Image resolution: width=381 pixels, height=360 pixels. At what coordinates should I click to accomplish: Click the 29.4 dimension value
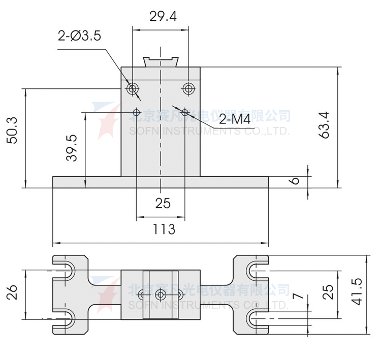163,17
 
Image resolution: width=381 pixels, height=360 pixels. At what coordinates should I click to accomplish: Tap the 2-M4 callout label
235,120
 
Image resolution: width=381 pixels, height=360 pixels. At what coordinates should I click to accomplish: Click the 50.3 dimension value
12,130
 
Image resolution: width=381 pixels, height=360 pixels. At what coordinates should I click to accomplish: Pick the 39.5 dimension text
72,148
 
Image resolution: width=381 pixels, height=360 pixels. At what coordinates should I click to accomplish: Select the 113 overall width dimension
163,229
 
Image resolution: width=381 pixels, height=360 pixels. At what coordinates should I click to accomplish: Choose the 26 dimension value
12,293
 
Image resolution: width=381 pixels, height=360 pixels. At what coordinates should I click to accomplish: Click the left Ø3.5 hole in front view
133,89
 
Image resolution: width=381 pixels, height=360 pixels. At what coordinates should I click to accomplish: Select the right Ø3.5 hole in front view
189,89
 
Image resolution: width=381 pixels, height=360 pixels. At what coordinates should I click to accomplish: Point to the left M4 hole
136,112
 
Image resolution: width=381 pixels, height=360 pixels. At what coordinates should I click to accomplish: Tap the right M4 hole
185,112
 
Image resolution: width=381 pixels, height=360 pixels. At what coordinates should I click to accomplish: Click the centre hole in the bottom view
161,294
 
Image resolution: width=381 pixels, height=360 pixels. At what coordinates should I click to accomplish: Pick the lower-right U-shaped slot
255,318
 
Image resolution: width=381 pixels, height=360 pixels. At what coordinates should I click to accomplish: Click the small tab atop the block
162,61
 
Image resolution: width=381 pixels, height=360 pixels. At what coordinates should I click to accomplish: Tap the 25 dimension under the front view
163,203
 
